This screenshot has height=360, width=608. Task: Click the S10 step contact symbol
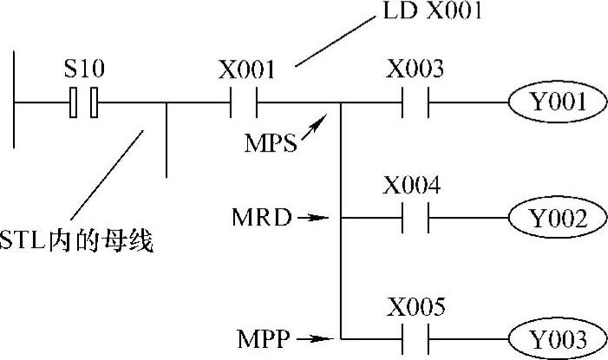click(84, 104)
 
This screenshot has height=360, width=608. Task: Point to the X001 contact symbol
click(244, 105)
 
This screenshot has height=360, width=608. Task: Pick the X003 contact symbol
click(415, 105)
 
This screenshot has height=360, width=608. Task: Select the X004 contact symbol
click(415, 219)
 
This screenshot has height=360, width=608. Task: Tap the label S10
click(83, 66)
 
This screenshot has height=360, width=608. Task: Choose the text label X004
click(413, 185)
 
